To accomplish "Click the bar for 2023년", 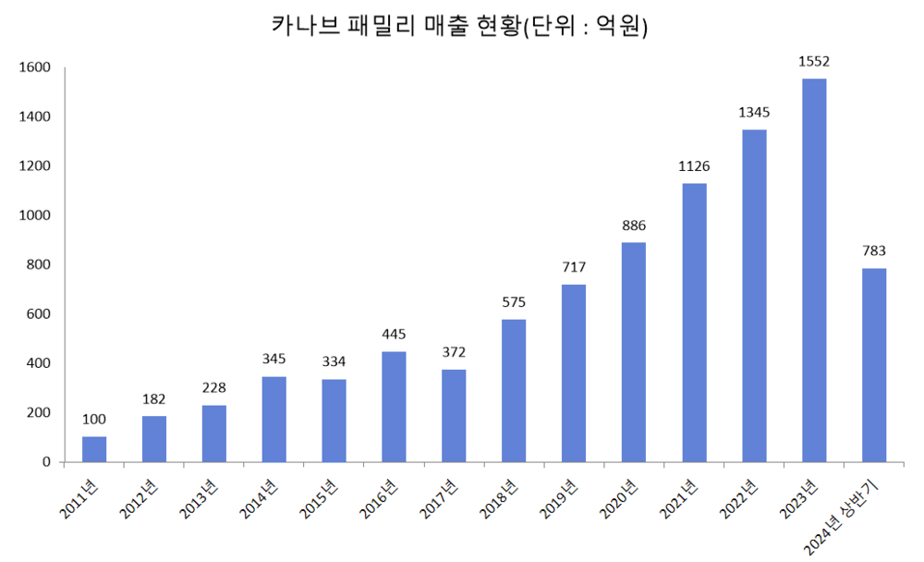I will [814, 270].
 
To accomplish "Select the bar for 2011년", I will [94, 449].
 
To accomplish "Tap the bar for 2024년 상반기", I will [874, 365].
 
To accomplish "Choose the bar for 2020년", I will [634, 352].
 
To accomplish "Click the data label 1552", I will [814, 62].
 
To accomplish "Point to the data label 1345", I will [754, 113].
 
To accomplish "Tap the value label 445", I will [395, 335].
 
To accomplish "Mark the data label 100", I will [94, 420].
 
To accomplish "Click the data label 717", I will [574, 267].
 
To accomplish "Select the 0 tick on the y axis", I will [44, 462].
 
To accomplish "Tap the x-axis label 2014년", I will [258, 498].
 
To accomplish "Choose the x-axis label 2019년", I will [558, 498].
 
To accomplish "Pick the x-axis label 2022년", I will [738, 498].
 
